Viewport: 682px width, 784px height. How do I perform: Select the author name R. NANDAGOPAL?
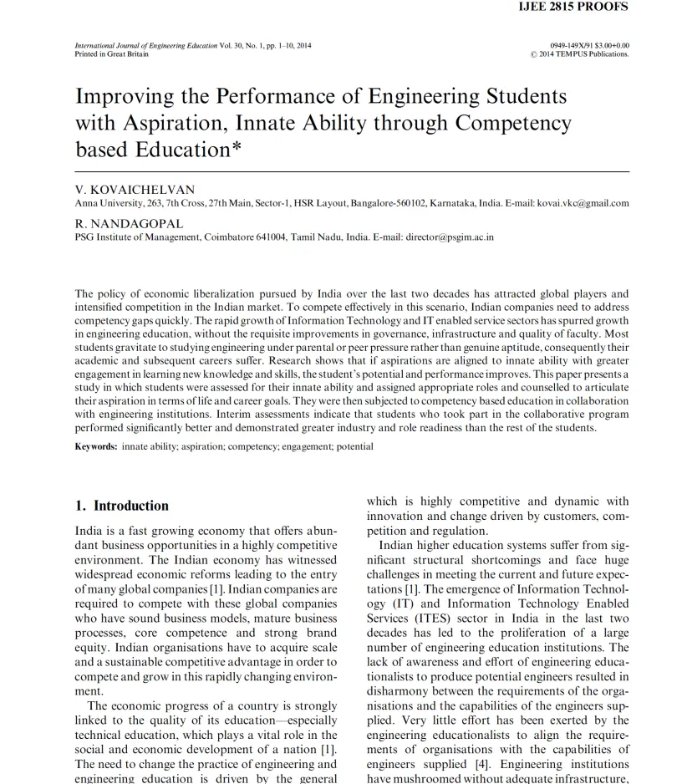129,224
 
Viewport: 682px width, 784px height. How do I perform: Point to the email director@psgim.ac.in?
450,237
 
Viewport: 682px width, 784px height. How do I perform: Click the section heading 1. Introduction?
122,506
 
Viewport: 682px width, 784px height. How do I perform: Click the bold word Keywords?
96,446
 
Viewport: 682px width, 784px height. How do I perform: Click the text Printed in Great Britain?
112,54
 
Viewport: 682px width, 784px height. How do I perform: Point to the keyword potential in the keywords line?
354,446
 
